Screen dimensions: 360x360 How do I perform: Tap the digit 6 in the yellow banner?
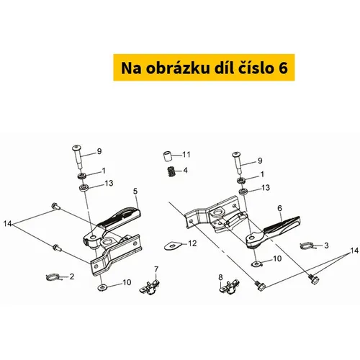[x=283, y=68]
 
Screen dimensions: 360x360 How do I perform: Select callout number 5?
[x=135, y=192]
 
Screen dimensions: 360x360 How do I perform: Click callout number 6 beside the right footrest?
[x=280, y=208]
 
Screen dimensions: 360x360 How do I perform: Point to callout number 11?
[x=186, y=154]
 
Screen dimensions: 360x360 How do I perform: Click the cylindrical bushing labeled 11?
[x=168, y=156]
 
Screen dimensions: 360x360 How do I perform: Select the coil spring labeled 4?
[x=171, y=172]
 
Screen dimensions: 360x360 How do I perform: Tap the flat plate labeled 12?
[x=172, y=246]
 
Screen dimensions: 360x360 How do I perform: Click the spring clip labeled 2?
[x=53, y=277]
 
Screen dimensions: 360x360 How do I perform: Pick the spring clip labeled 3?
[x=306, y=246]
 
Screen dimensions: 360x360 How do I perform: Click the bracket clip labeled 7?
[x=150, y=287]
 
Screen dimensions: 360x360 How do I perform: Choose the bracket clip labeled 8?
[x=230, y=287]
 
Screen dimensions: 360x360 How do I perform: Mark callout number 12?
[x=192, y=243]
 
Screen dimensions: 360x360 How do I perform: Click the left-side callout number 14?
[x=7, y=224]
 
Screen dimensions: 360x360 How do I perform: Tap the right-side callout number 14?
[x=354, y=251]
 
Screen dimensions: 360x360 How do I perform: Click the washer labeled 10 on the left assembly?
[x=102, y=287]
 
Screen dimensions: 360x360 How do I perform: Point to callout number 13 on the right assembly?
[x=266, y=187]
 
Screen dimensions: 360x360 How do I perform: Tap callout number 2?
[x=72, y=276]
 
